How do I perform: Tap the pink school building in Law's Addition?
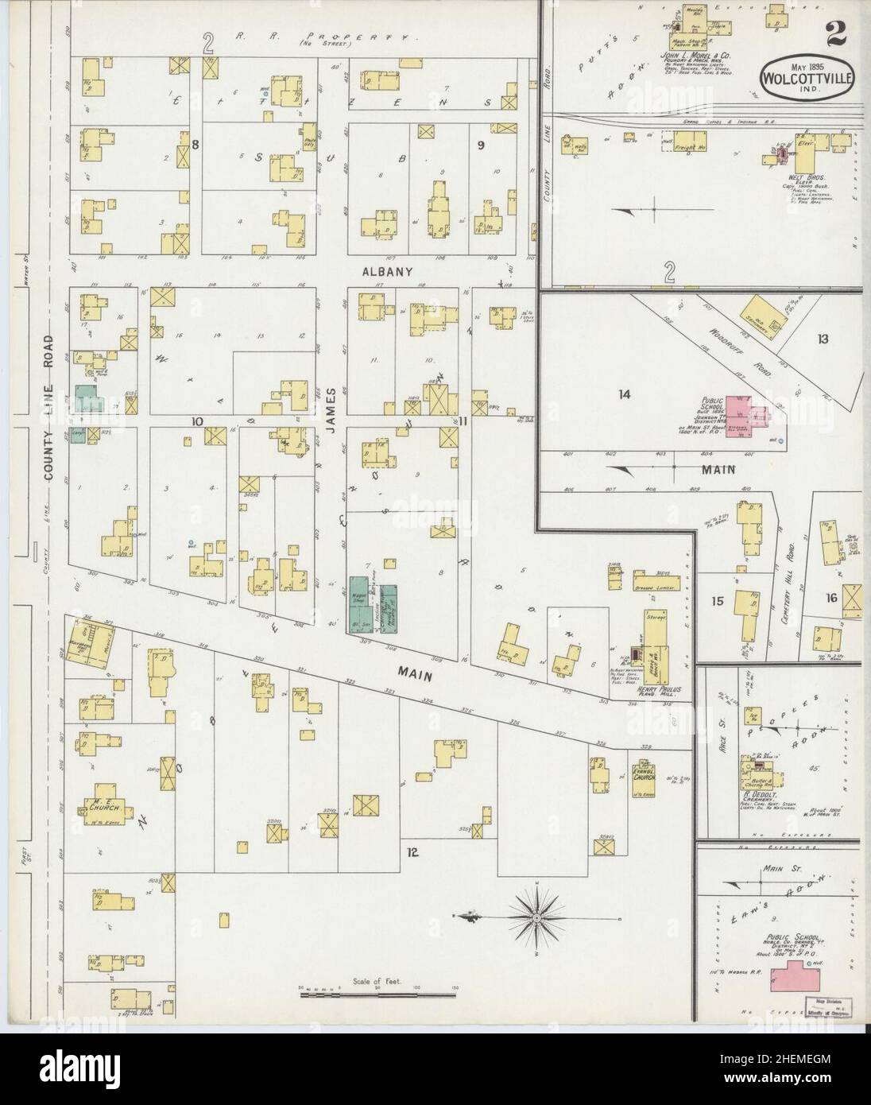[792, 975]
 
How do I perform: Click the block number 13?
[821, 339]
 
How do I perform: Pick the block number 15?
[717, 602]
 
